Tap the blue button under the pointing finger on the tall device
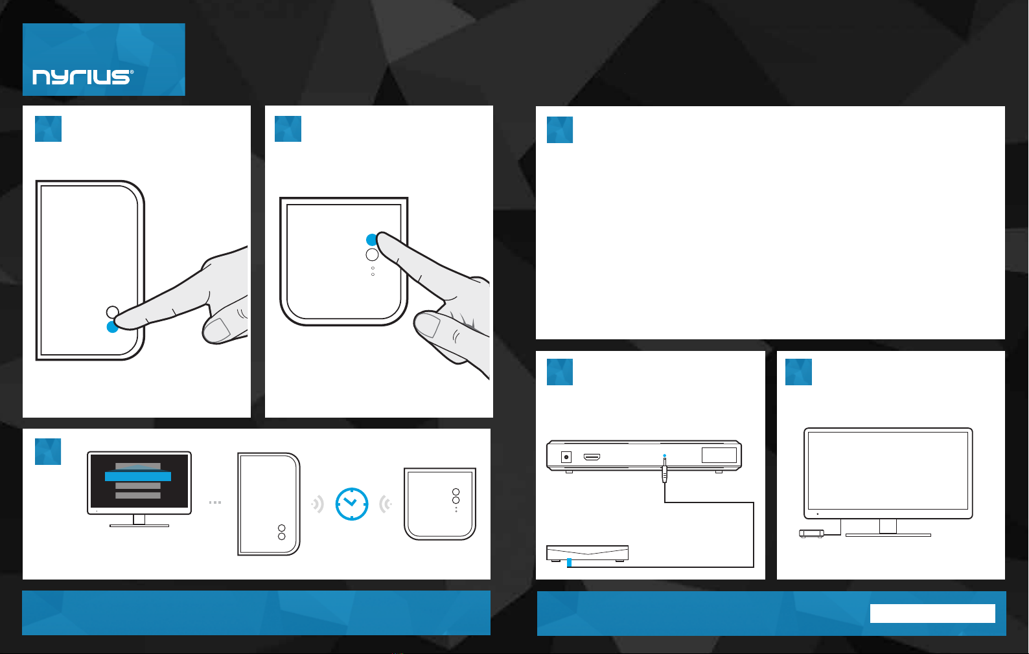[x=111, y=327]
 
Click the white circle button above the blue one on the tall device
[x=113, y=312]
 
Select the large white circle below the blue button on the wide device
[x=372, y=254]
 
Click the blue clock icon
[x=351, y=504]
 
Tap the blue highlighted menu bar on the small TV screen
[x=138, y=477]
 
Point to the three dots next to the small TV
[x=215, y=502]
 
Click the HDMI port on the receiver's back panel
[x=592, y=457]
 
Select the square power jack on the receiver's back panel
[x=566, y=457]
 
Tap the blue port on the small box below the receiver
[x=569, y=562]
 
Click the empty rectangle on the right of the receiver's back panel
[x=719, y=455]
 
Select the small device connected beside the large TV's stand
[x=811, y=534]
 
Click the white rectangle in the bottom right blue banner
[x=932, y=613]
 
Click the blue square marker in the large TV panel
[x=798, y=372]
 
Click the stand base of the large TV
[x=888, y=535]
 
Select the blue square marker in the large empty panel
[x=559, y=130]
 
